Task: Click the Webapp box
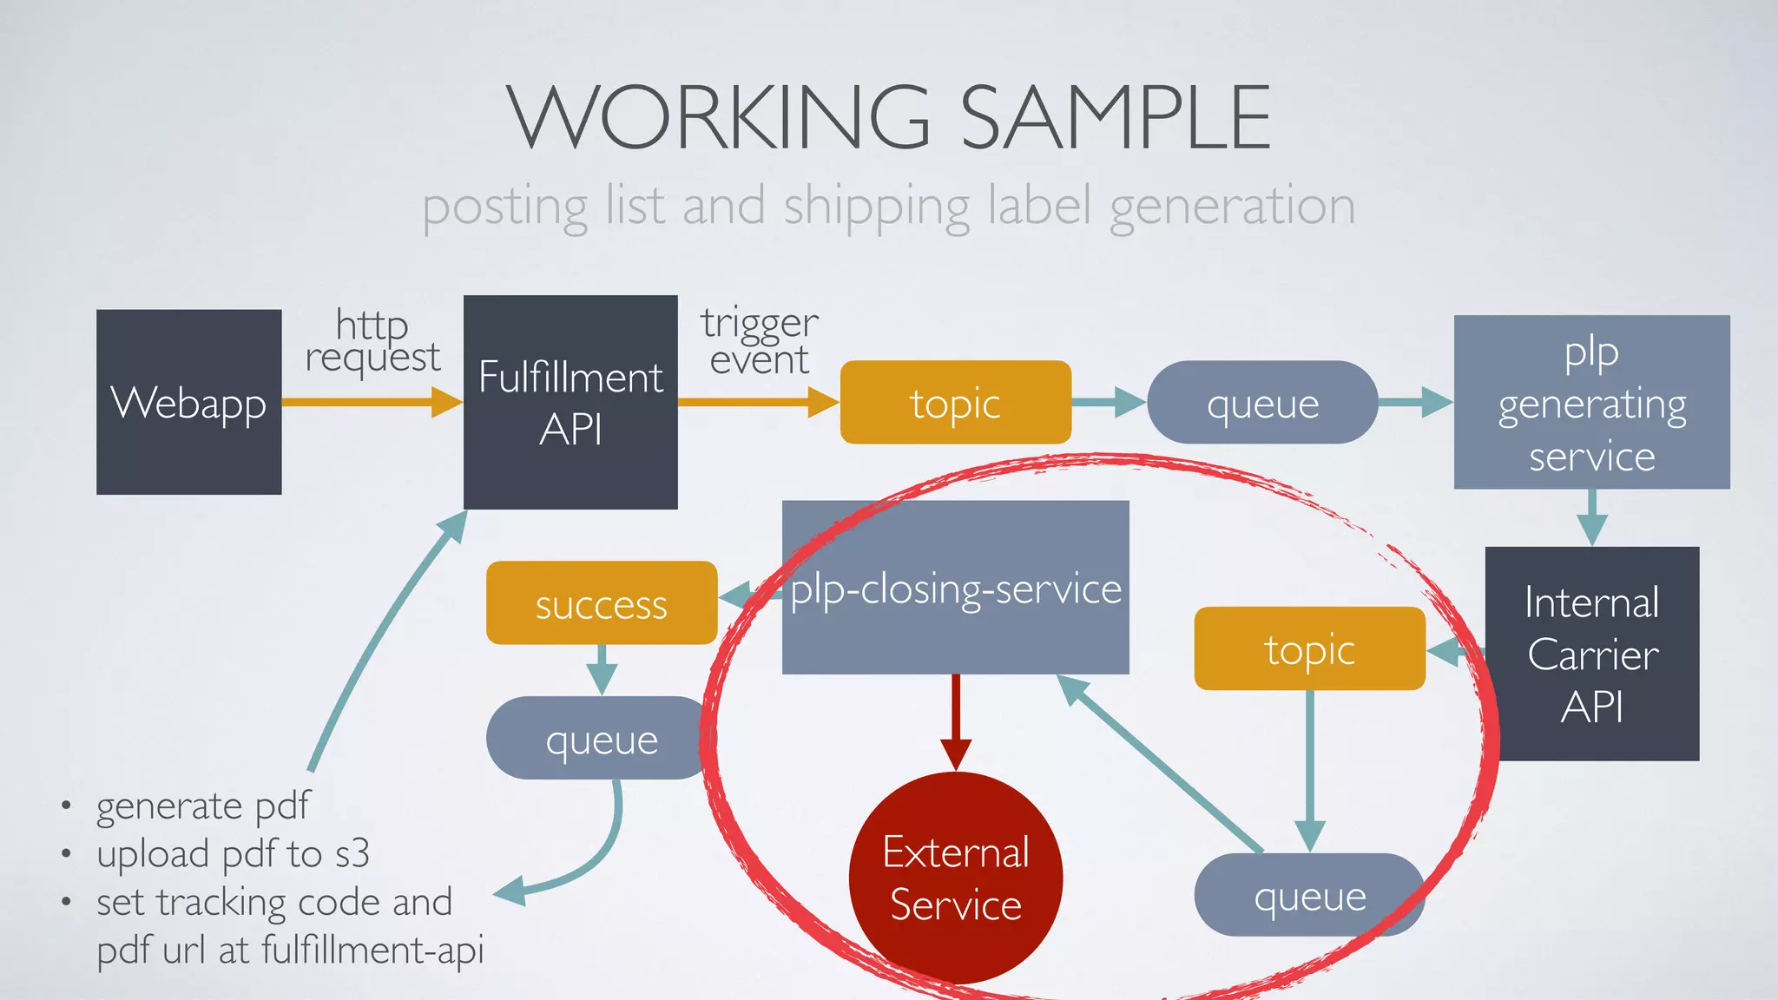click(x=188, y=402)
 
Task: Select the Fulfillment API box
click(x=570, y=402)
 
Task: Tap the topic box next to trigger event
click(x=955, y=403)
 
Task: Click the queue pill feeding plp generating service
click(x=1262, y=403)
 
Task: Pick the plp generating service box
click(x=1591, y=403)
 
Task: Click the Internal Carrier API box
click(x=1592, y=654)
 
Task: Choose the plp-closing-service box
click(x=955, y=588)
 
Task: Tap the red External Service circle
click(x=955, y=878)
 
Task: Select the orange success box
click(x=601, y=603)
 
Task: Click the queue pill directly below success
click(x=601, y=739)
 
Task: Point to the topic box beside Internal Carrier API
click(x=1309, y=648)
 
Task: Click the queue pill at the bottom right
click(x=1309, y=895)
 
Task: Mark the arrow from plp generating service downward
click(x=1591, y=517)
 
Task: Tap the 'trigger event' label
click(x=760, y=341)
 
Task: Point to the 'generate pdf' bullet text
click(x=202, y=806)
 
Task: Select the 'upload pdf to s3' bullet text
click(x=233, y=854)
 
